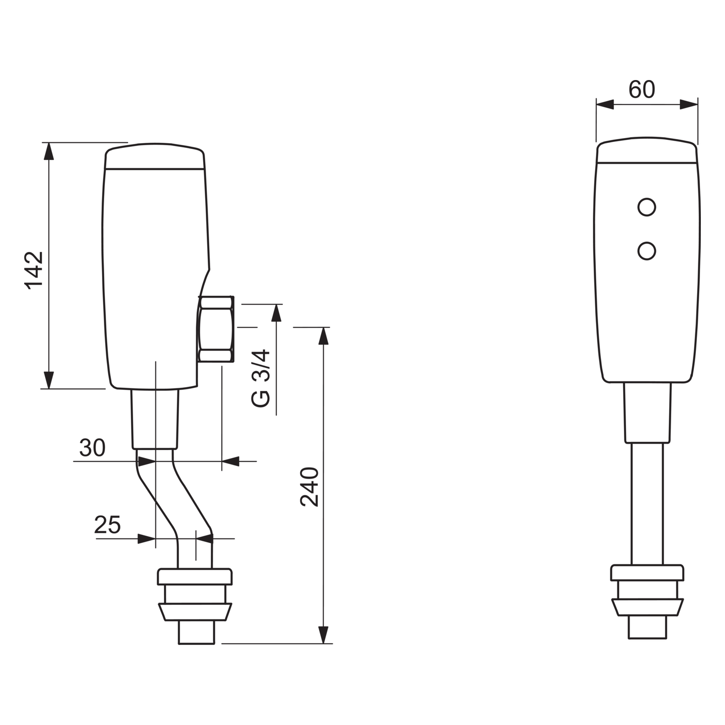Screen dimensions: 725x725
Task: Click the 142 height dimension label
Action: (34, 270)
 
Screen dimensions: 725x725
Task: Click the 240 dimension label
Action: (310, 487)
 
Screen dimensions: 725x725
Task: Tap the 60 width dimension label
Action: (642, 90)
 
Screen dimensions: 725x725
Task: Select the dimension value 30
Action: (92, 448)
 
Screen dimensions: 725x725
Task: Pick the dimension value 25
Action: (107, 525)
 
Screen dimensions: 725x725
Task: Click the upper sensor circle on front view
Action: (646, 207)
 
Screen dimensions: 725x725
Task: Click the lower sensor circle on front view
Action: (646, 251)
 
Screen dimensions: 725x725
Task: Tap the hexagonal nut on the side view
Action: (216, 329)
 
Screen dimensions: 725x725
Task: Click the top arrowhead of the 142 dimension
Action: (49, 152)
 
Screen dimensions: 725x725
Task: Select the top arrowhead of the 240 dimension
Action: (323, 336)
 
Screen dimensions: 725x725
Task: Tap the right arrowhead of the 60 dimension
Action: (689, 105)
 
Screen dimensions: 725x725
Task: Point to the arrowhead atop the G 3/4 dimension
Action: (276, 313)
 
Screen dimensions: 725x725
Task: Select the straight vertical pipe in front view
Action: (647, 510)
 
